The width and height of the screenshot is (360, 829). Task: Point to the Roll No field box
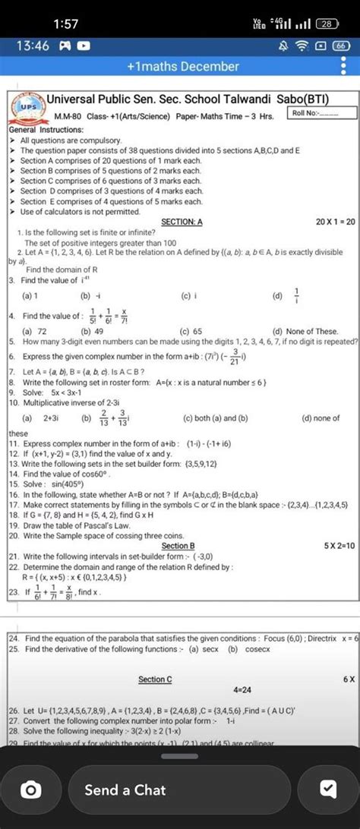coord(324,112)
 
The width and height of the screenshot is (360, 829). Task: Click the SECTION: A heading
coord(182,222)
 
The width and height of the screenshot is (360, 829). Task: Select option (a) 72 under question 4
coord(34,331)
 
